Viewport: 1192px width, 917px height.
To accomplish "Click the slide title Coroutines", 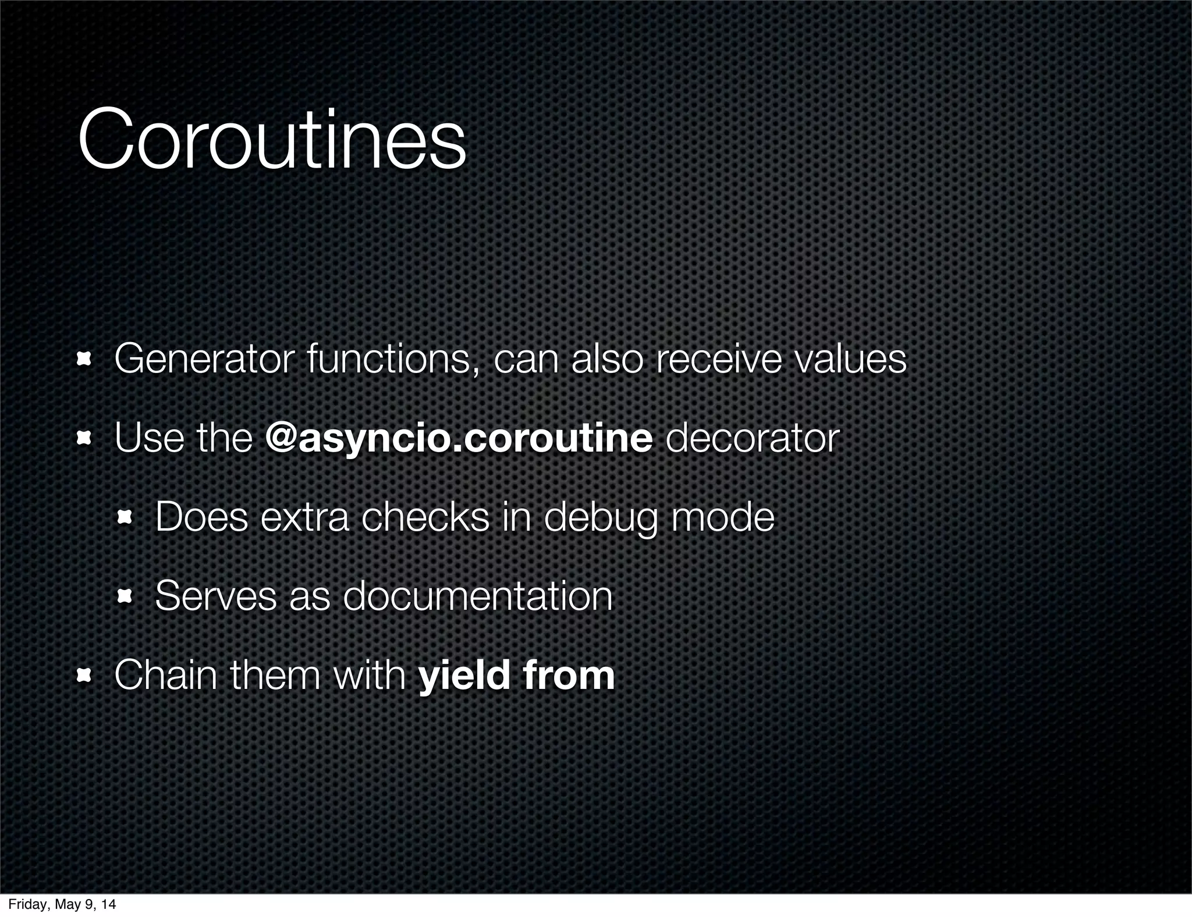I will (x=272, y=141).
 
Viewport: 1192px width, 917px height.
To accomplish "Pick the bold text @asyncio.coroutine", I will (x=459, y=438).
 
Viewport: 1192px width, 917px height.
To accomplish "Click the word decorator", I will (x=752, y=438).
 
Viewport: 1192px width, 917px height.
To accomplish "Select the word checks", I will (x=425, y=517).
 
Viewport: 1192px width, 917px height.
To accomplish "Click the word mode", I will (x=723, y=517).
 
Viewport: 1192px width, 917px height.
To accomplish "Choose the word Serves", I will (x=216, y=596).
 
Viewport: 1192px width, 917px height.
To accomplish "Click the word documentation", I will (x=477, y=596).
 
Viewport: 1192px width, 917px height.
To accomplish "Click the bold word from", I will (x=569, y=675).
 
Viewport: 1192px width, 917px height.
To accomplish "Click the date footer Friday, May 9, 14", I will (x=62, y=904).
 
